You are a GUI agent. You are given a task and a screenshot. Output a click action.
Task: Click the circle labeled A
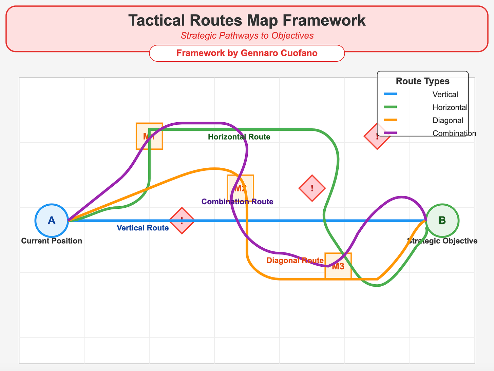point(52,220)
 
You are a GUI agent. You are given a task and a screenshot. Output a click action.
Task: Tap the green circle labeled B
point(442,220)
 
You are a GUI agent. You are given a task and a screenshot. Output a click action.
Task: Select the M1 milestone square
point(149,136)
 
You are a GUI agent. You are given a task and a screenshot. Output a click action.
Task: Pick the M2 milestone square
point(241,188)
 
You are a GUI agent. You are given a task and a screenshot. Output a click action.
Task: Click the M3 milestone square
point(338,266)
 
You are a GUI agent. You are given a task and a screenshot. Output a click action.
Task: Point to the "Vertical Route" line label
point(142,228)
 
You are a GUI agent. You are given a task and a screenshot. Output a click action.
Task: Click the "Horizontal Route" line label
point(239,137)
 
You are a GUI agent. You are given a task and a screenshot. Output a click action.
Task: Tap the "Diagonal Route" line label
point(295,261)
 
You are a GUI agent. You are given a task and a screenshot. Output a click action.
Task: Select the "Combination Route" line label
point(237,202)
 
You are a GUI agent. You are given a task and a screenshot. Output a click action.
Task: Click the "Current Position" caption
point(52,241)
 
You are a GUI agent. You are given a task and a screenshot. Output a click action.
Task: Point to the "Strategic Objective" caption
point(442,241)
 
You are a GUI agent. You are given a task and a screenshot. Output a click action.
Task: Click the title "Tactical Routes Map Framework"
point(247,21)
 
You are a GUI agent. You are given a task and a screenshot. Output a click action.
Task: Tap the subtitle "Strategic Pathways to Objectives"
point(247,36)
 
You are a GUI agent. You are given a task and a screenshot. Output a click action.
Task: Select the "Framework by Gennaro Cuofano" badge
point(247,53)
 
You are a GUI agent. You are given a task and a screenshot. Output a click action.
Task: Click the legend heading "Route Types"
point(422,81)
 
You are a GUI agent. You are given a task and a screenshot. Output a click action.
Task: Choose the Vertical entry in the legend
point(445,95)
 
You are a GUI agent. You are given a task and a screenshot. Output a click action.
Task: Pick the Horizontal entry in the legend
point(450,108)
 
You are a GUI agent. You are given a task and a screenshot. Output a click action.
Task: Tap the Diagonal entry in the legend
point(448,121)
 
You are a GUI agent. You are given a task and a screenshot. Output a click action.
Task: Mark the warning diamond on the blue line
point(182,221)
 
